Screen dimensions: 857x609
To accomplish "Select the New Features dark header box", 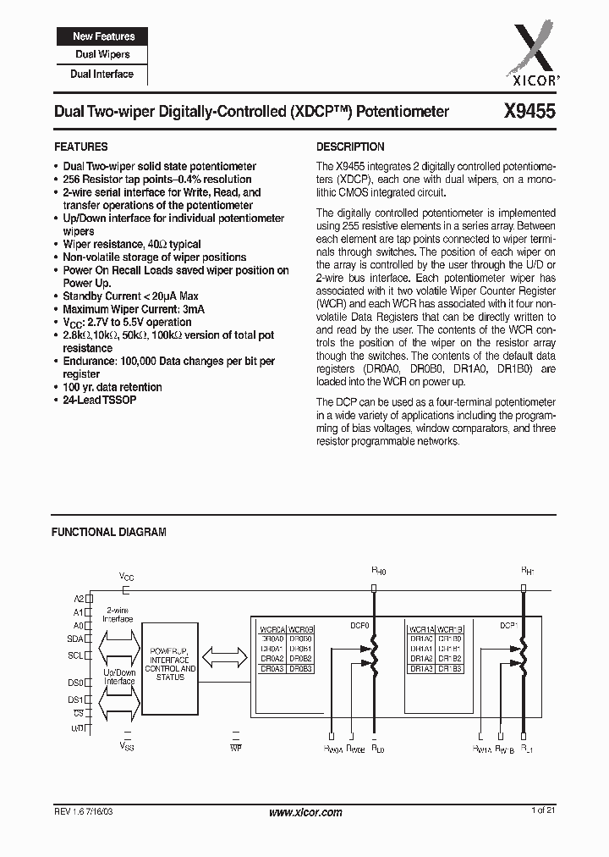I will pyautogui.click(x=103, y=36).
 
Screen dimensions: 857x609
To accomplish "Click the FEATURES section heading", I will pyautogui.click(x=80, y=147).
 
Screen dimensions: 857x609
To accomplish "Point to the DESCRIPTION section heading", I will pyautogui.click(x=350, y=147).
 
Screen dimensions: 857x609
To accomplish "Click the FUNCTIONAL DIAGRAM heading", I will pyautogui.click(x=109, y=533).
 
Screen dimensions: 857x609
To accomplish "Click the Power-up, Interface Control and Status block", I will pyautogui.click(x=172, y=663).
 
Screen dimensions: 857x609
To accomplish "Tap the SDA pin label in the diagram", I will pyautogui.click(x=76, y=639).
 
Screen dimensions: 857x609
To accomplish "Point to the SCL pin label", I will pyautogui.click(x=76, y=655).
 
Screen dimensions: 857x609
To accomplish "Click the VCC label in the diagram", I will pyautogui.click(x=126, y=577).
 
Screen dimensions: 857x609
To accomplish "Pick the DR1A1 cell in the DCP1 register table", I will pyautogui.click(x=421, y=649).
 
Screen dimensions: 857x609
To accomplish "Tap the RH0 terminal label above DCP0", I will pyautogui.click(x=378, y=572).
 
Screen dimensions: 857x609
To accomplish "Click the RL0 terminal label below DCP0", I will pyautogui.click(x=378, y=749).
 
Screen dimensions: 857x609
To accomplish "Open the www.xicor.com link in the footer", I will pyautogui.click(x=304, y=812).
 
